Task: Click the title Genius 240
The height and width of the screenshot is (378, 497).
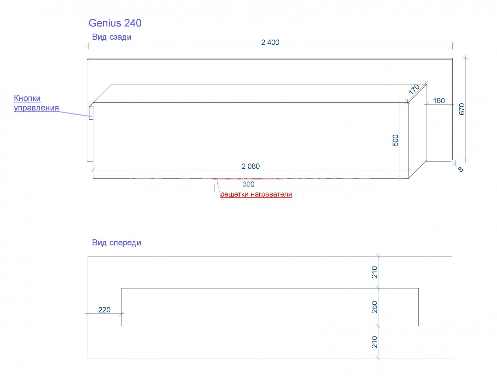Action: pos(115,23)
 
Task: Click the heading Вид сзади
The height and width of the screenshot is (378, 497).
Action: pos(112,37)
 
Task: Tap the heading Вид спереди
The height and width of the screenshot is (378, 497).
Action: pos(116,243)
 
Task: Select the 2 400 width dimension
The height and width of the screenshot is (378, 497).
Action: pos(270,43)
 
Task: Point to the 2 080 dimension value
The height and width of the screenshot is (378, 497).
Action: pos(251,166)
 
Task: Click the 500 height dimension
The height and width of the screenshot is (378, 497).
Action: pos(395,140)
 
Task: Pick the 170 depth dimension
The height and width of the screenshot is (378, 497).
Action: pos(414,89)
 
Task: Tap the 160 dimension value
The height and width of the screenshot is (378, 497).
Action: pos(439,100)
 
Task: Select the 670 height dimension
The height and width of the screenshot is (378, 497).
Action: pos(461,109)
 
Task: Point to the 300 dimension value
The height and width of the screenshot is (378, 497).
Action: pos(248,184)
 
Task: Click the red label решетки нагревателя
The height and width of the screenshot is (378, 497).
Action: pos(256,194)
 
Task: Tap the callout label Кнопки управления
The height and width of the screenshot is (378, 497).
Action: pos(36,103)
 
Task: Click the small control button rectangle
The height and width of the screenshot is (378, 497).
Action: pos(91,113)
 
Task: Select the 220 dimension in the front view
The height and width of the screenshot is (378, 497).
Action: pos(104,310)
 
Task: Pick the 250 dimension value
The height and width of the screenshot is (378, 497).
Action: pos(375,307)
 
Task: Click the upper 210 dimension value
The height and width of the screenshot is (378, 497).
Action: pos(375,272)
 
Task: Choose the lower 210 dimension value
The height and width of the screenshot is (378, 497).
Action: pos(375,342)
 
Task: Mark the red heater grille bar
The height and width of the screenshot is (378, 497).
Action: pos(249,179)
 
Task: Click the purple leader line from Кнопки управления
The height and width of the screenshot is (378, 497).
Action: pos(76,114)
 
